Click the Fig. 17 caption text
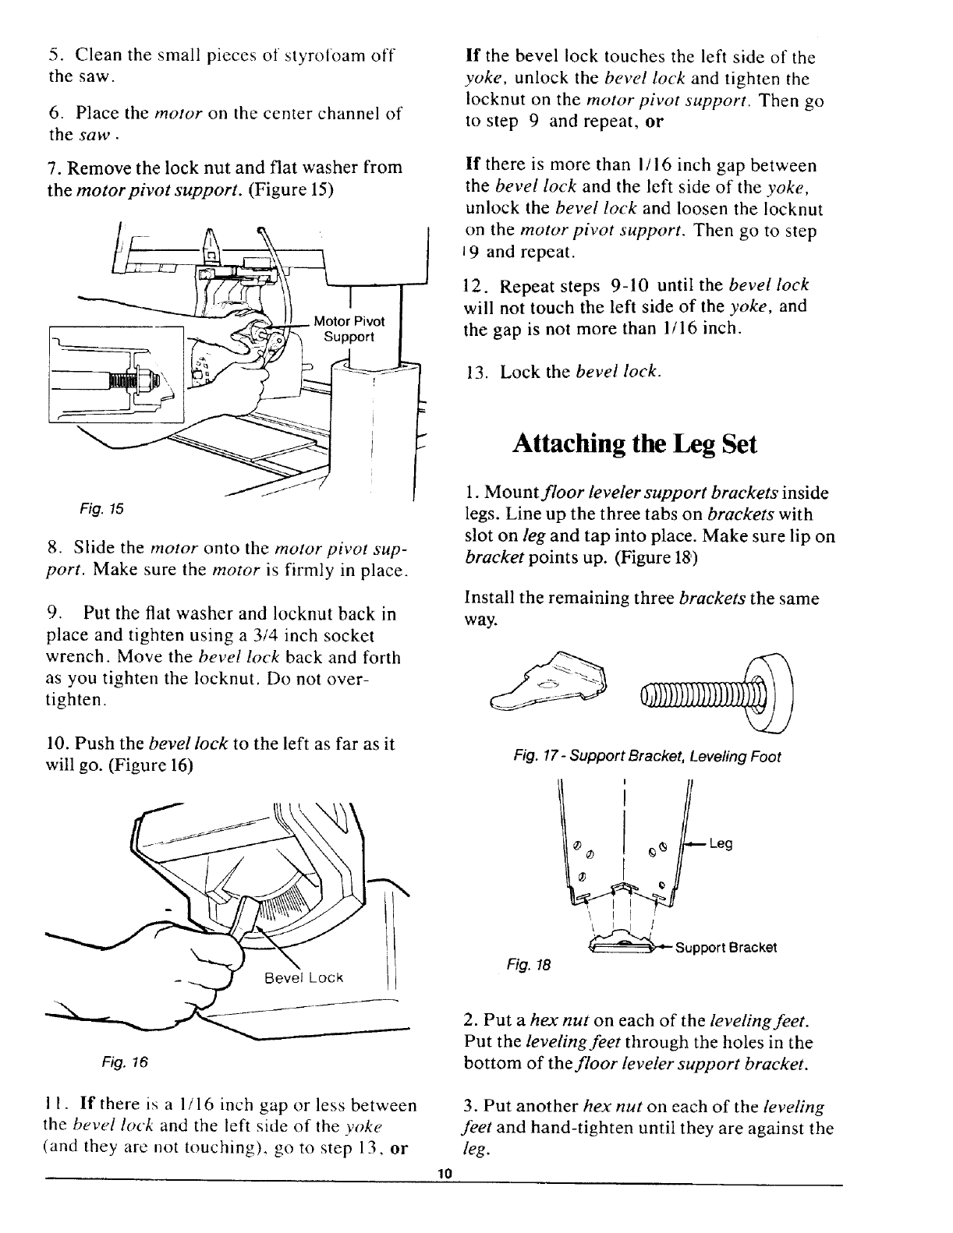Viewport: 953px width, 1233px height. point(647,756)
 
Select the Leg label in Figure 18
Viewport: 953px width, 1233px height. point(721,843)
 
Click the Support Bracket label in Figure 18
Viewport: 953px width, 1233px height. point(725,948)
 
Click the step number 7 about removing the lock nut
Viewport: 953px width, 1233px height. point(52,168)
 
